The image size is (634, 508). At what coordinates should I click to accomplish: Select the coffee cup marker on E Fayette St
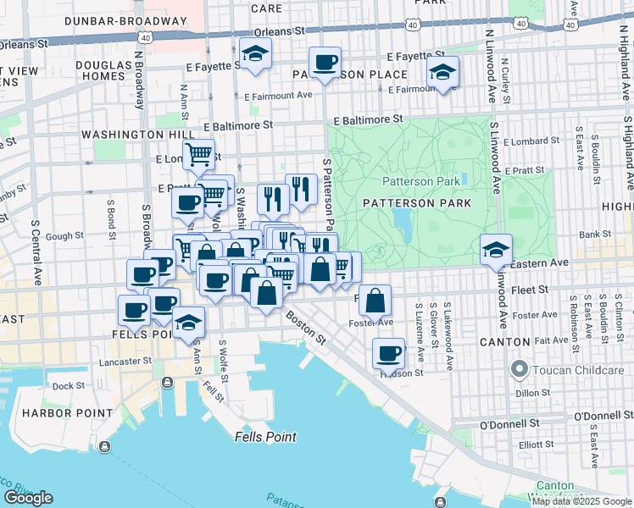[325, 62]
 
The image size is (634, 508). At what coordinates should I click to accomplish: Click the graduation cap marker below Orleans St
[253, 53]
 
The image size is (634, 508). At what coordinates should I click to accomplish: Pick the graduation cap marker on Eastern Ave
[496, 249]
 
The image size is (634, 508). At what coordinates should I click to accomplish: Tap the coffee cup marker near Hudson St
[388, 352]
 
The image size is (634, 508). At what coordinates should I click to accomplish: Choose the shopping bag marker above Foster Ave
[374, 299]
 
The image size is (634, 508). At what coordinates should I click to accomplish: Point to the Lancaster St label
[125, 360]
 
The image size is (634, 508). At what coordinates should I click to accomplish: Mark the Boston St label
[305, 329]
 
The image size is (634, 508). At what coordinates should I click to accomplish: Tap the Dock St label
[64, 385]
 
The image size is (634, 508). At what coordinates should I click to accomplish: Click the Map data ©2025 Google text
[581, 501]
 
